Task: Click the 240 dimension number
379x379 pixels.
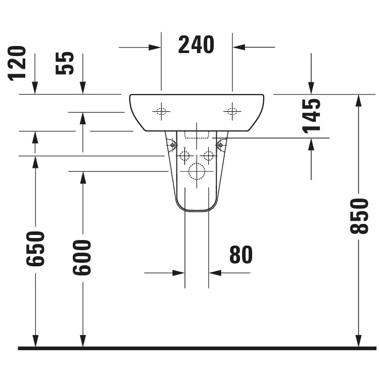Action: click(x=196, y=44)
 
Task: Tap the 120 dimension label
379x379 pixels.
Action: click(x=17, y=63)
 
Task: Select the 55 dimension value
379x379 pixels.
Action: click(x=65, y=63)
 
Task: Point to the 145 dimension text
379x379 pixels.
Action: click(x=311, y=116)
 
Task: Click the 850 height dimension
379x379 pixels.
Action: click(x=359, y=216)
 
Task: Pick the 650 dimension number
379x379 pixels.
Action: click(x=35, y=249)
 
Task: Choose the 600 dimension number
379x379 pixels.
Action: click(x=82, y=257)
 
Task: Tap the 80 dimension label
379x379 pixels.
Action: click(x=241, y=255)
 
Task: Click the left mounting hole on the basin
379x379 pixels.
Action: click(x=161, y=112)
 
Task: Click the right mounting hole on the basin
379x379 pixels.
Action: click(x=232, y=112)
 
